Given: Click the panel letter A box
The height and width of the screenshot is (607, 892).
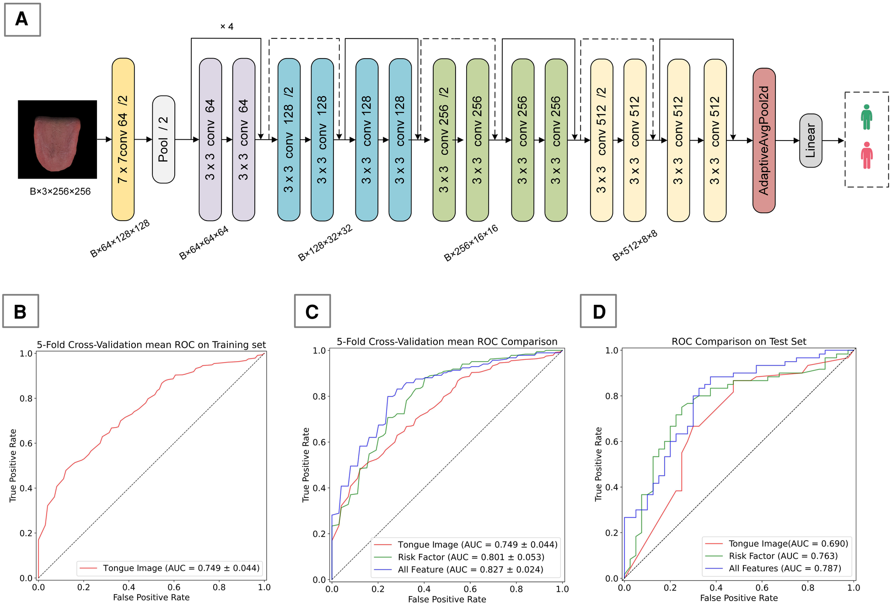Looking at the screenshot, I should pyautogui.click(x=22, y=19).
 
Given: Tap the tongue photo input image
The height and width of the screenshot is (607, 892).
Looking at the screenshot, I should pyautogui.click(x=57, y=139).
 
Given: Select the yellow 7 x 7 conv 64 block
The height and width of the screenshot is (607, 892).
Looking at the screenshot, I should pyautogui.click(x=123, y=139).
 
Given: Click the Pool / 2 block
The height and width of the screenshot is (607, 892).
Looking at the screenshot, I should pyautogui.click(x=163, y=139).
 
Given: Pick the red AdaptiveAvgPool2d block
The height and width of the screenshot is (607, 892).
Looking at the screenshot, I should pyautogui.click(x=764, y=140).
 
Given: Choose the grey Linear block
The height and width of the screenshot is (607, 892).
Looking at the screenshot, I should pyautogui.click(x=811, y=140).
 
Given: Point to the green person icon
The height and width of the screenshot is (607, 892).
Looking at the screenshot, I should pyautogui.click(x=866, y=117).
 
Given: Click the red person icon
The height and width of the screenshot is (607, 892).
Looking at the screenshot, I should pyautogui.click(x=866, y=156).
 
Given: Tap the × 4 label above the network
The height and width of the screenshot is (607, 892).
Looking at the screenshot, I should pyautogui.click(x=227, y=27).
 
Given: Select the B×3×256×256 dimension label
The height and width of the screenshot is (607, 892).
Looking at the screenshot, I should pyautogui.click(x=60, y=191).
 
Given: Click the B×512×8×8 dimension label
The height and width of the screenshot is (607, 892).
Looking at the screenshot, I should pyautogui.click(x=635, y=245).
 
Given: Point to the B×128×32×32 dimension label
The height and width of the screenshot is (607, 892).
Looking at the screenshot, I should pyautogui.click(x=325, y=243).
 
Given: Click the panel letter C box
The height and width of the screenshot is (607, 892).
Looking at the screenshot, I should pyautogui.click(x=312, y=311).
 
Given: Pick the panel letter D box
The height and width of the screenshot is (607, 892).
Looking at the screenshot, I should pyautogui.click(x=598, y=311).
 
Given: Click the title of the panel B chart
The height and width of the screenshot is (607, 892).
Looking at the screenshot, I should pyautogui.click(x=151, y=345).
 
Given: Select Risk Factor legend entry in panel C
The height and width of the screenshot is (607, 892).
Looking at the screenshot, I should pyautogui.click(x=471, y=557).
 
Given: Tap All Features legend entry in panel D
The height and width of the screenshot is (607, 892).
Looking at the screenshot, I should pyautogui.click(x=785, y=568).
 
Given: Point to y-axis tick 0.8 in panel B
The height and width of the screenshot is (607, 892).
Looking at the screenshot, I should pyautogui.click(x=26, y=398).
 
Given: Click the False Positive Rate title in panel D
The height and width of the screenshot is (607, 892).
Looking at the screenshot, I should pyautogui.click(x=739, y=598).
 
